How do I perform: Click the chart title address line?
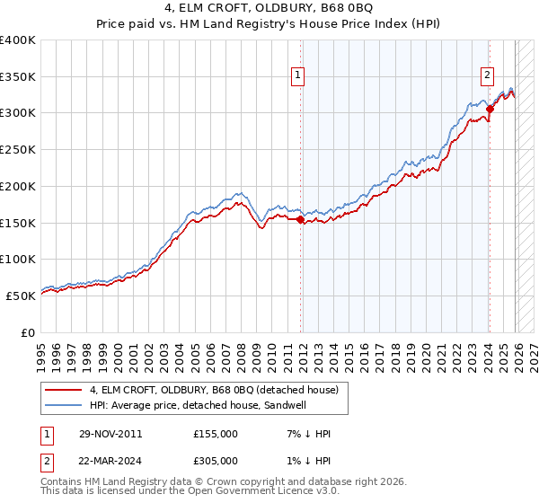[269, 8]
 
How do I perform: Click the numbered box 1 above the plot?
[298, 75]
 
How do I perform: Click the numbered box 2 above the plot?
[487, 75]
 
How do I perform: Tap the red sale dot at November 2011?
[300, 218]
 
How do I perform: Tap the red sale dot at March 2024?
[490, 110]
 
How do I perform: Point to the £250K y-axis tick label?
[18, 149]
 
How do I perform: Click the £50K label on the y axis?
[22, 295]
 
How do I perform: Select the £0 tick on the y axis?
[30, 331]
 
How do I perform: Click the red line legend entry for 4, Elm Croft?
[214, 390]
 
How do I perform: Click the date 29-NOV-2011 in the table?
[110, 434]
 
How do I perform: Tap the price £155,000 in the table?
[216, 434]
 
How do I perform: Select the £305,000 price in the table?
[216, 461]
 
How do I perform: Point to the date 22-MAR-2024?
[110, 461]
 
